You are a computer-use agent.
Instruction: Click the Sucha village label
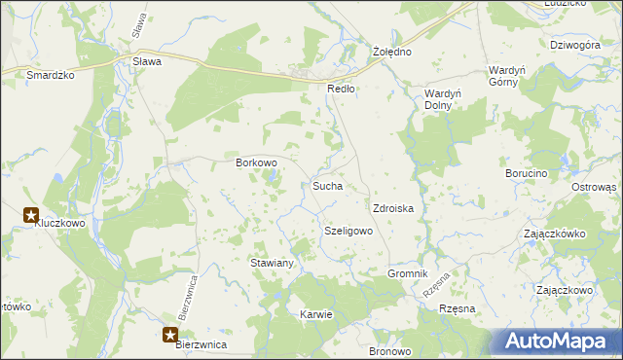point(326,185)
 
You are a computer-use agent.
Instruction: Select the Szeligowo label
point(348,232)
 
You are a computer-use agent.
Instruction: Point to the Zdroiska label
point(394,208)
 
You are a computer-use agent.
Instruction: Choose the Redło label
point(341,88)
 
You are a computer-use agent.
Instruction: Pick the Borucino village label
point(527,173)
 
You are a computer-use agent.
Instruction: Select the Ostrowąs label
point(594,187)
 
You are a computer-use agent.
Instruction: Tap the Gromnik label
point(408,274)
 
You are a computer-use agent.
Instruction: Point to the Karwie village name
point(317,314)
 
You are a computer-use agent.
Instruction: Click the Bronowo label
point(390,350)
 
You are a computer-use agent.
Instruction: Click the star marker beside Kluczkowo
point(31,215)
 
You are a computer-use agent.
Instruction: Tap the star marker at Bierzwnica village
point(170,336)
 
